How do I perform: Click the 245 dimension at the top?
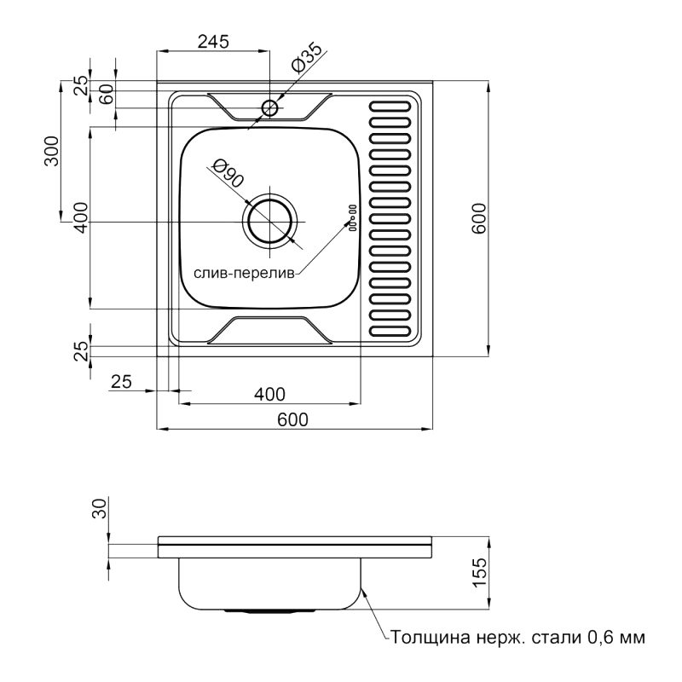pos(213,42)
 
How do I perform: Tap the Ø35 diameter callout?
pos(308,58)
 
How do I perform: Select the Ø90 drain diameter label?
pos(228,173)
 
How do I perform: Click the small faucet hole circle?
pos(269,107)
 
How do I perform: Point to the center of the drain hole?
pos(270,222)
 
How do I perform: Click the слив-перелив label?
pos(244,273)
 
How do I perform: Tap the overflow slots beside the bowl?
pos(352,217)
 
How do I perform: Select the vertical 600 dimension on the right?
pos(478,218)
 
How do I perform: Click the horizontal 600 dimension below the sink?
pos(292,419)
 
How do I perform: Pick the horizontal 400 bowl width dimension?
pos(269,394)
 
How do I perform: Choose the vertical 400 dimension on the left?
pos(80,218)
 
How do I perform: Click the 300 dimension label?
pos(52,151)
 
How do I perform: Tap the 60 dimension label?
pos(107,94)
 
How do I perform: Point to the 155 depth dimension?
pos(479,571)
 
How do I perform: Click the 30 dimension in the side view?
pos(100,508)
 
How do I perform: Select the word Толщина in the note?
pos(431,637)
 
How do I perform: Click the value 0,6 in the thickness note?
pos(598,637)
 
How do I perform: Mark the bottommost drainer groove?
pos(390,331)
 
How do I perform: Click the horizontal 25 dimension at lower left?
pos(121,381)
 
